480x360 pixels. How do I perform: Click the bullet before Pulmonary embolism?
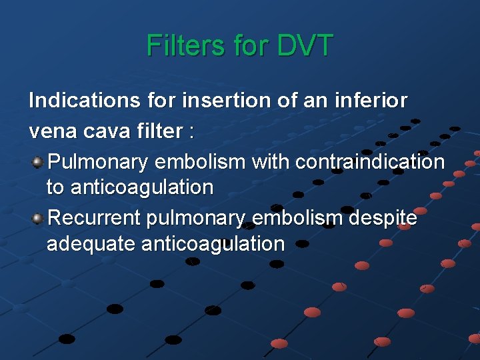coord(39,161)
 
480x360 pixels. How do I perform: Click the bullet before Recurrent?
coord(39,218)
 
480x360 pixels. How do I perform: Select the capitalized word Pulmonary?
coord(99,161)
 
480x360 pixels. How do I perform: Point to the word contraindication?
coord(369,161)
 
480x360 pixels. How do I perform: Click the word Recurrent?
coord(95,218)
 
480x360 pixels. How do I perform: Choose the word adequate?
coord(91,244)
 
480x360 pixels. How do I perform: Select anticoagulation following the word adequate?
coord(213,244)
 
